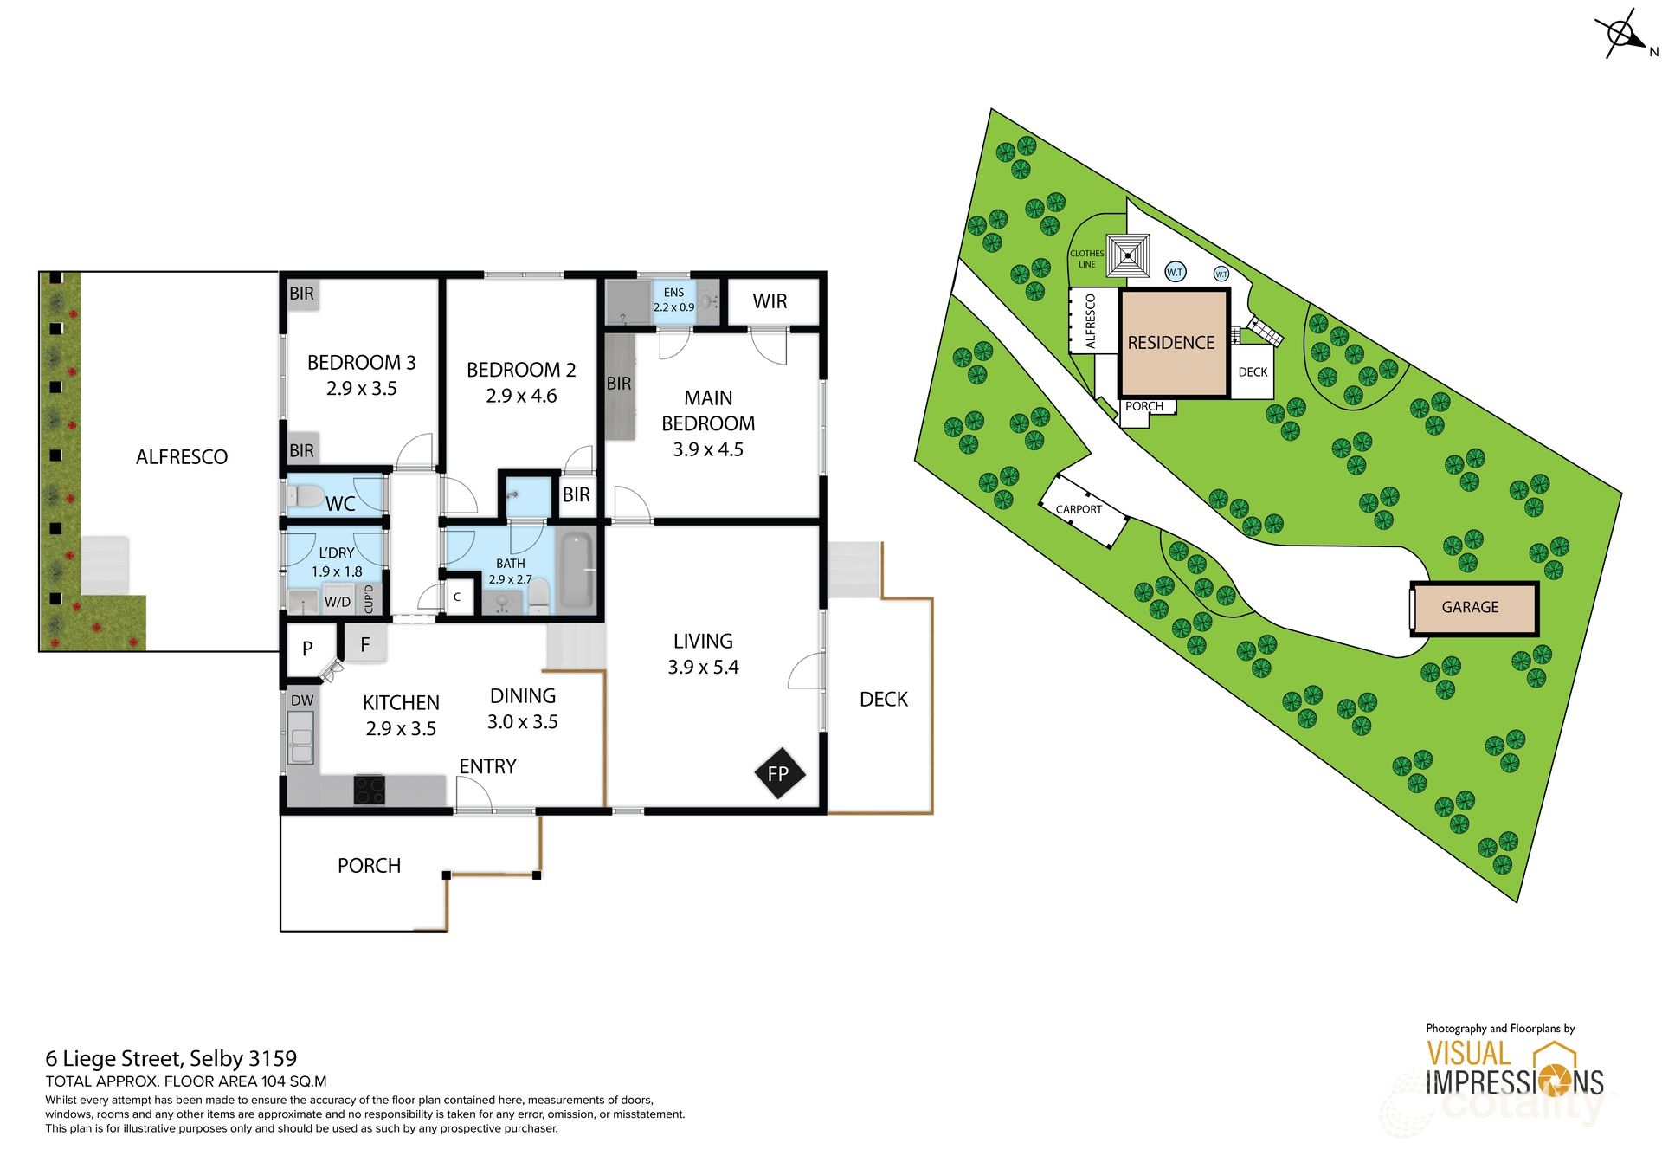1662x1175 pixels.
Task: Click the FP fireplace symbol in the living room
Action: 778,773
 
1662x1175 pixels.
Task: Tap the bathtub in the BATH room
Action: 577,571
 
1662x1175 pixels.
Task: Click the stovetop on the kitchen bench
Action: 370,790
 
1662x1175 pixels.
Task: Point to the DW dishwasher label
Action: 302,700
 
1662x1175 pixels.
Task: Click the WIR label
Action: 770,301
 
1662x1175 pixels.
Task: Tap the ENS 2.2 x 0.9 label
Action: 673,300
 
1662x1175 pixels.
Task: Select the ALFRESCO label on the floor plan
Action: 182,457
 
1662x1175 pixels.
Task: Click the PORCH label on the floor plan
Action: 369,866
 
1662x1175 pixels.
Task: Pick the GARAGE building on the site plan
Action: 1470,607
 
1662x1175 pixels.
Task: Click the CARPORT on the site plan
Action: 1080,509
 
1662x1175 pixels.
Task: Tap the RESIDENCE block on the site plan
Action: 1171,343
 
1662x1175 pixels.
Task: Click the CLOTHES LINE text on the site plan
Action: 1086,259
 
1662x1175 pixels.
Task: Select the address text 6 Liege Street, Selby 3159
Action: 171,1058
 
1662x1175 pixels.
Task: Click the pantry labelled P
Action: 307,649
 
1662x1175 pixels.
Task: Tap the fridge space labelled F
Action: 365,644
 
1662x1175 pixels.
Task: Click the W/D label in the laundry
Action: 338,602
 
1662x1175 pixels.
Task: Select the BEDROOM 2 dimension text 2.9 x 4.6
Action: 521,396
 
